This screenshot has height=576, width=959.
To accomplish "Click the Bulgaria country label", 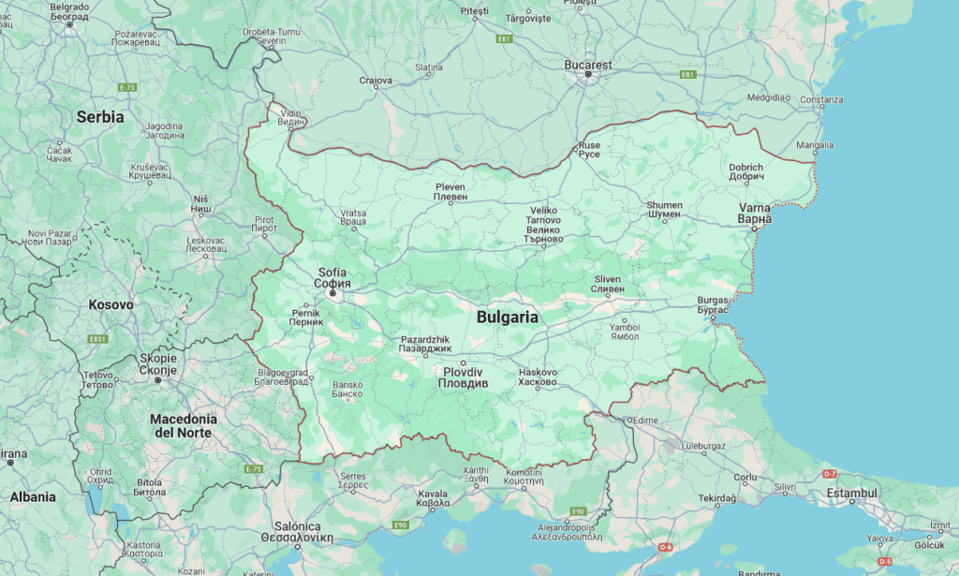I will [x=508, y=317].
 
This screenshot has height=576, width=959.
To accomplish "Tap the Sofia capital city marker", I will [x=332, y=293].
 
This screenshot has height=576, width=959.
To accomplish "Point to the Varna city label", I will [x=755, y=214].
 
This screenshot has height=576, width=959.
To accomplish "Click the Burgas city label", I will [x=713, y=304].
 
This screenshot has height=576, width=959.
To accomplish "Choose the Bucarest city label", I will [x=588, y=66].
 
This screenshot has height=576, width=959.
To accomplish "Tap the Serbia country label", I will [x=100, y=117].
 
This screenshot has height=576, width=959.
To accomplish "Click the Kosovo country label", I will [x=111, y=304].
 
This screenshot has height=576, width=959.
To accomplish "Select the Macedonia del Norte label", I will [x=184, y=425].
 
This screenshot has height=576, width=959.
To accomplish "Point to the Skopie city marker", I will [x=158, y=380].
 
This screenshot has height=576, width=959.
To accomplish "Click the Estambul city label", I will [x=850, y=493].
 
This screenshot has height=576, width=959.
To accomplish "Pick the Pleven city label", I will [x=450, y=192].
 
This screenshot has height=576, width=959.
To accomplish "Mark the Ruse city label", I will [x=589, y=150].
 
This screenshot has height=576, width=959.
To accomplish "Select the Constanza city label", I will [x=821, y=100].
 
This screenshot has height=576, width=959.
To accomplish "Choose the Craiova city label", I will [x=376, y=81].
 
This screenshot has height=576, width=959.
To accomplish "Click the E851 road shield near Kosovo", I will [x=97, y=339].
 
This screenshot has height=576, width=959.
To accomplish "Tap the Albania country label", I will [x=33, y=497].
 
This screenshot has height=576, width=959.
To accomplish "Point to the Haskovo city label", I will [x=538, y=377].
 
